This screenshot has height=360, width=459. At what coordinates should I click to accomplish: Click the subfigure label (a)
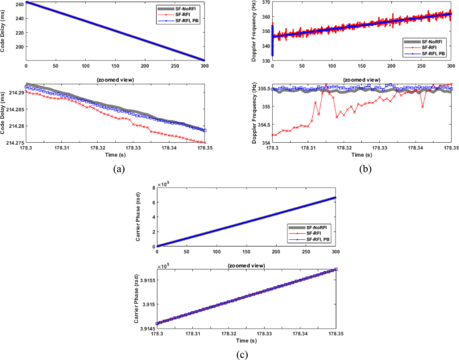click(114, 168)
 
